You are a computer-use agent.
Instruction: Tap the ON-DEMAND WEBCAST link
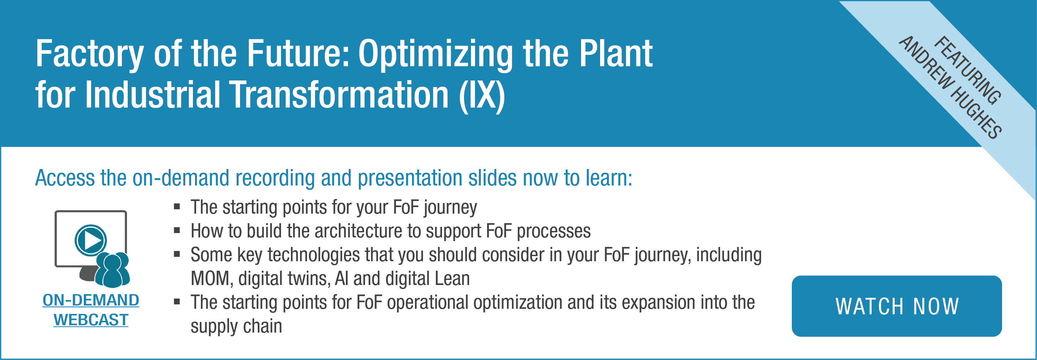point(91,310)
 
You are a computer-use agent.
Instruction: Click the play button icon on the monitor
point(91,240)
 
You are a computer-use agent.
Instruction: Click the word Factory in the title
point(90,55)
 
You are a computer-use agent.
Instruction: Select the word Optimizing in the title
point(435,55)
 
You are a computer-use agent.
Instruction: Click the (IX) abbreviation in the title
point(482,96)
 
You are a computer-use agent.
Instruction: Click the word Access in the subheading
point(65,178)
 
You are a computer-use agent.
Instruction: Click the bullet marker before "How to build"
point(177,230)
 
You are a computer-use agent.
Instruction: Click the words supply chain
point(236,326)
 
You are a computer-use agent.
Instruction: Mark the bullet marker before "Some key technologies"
point(177,254)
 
